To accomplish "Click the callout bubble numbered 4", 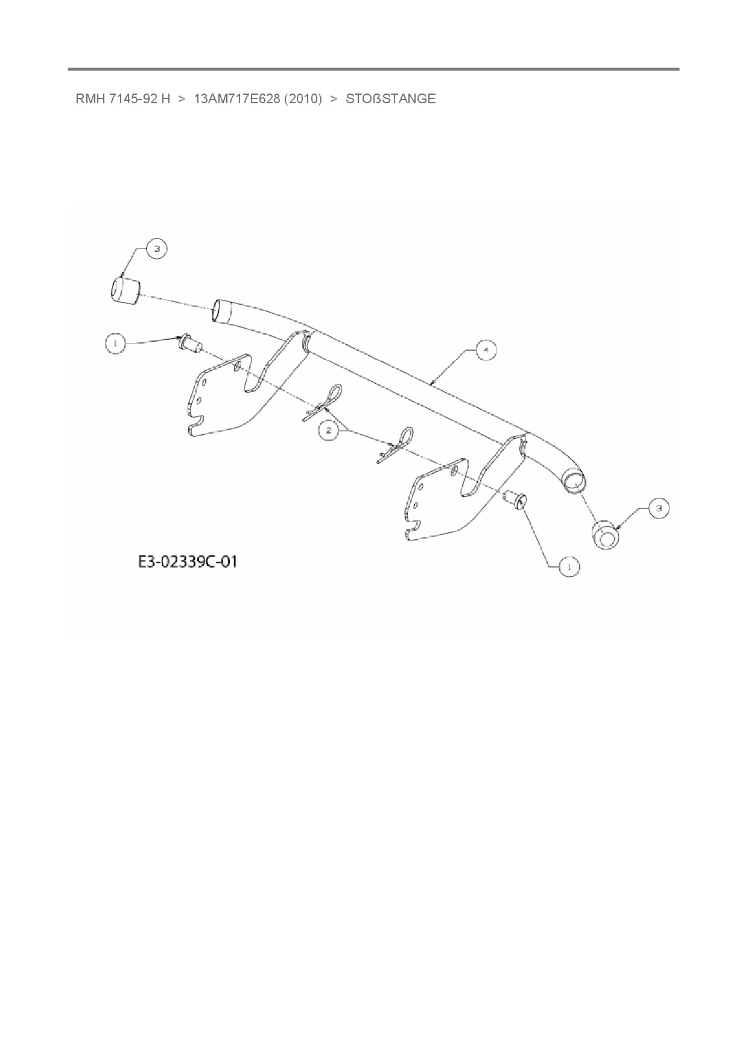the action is (486, 350).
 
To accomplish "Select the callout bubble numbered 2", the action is (329, 430).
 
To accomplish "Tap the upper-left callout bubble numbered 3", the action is (156, 249).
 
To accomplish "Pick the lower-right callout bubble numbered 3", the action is (658, 509).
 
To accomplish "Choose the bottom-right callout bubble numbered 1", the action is (569, 566).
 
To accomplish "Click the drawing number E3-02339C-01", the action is (188, 561).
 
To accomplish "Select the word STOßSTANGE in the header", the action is (390, 99).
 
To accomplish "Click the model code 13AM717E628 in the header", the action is (236, 99).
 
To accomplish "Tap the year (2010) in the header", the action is (303, 99).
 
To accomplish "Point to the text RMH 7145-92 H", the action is (122, 99).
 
